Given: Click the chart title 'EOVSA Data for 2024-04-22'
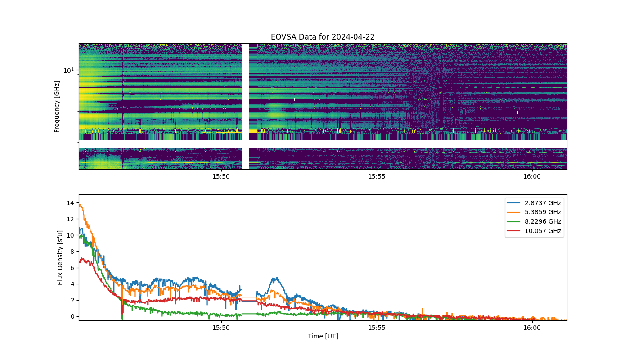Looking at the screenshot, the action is pos(323,37).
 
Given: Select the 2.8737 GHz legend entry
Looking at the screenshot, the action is pos(534,203).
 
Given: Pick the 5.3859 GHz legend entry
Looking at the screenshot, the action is pos(534,212).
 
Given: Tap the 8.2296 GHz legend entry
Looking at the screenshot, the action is pos(534,221).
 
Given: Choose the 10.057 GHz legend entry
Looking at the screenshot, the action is pos(534,231).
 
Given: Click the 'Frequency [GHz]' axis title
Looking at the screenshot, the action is pos(57,107).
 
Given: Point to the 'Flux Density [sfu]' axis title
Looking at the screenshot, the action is pos(60,257).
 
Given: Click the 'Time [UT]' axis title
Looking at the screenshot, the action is pos(323,336).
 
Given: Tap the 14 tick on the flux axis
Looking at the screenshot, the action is pos(71,203).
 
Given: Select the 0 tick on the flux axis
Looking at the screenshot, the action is pos(72,316).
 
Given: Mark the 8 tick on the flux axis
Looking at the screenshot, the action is pos(72,252).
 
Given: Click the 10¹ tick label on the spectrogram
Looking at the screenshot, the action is pos(68,70).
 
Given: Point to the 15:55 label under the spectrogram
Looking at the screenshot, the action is pos(377,176).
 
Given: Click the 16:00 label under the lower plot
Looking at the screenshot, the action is pos(532,328).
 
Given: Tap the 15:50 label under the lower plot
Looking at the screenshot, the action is pos(221,328).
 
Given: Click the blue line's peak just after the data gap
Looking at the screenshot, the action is pos(277,278).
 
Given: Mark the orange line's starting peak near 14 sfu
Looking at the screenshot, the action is pos(80,205).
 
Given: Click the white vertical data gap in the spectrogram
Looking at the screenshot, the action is pos(246,106).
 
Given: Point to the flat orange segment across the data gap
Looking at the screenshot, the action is pos(249,297).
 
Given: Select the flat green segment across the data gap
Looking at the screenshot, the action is pos(249,314).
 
